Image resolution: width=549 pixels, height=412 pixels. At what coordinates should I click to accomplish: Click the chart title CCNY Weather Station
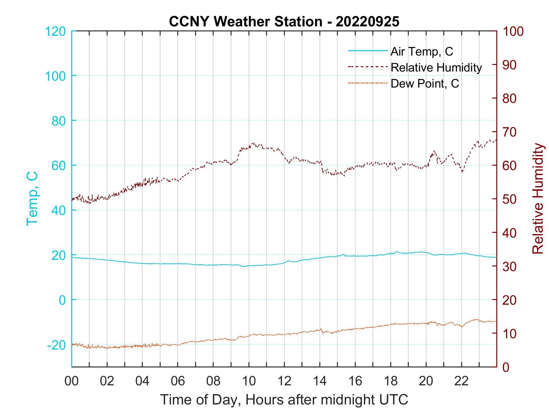tap(284, 22)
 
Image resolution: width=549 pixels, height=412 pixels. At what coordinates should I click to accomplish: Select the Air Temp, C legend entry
tap(421, 51)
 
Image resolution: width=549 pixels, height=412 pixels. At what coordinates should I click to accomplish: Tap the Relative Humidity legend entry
tap(436, 67)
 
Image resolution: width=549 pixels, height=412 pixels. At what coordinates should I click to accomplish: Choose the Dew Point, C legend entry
tap(424, 83)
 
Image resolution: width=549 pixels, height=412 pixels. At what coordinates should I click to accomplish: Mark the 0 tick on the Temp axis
tap(62, 300)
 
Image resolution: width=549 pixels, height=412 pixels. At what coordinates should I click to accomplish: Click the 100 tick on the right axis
tap(513, 31)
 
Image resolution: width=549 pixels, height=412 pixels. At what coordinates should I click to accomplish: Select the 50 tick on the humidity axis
tap(510, 199)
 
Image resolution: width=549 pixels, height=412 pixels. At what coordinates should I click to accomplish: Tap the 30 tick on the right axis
tap(510, 266)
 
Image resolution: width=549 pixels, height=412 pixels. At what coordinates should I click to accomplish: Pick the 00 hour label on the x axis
tap(72, 381)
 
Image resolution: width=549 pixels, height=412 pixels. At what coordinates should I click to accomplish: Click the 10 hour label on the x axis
tap(249, 381)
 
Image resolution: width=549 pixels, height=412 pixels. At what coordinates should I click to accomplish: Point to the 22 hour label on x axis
tap(461, 381)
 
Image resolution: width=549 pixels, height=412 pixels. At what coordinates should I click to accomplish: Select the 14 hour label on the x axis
tap(320, 381)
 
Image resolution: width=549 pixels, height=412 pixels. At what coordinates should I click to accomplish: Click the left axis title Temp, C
tap(32, 199)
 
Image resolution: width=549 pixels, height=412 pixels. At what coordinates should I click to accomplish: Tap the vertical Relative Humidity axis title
tap(538, 199)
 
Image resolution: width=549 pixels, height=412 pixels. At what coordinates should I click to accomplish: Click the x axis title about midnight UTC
tap(284, 400)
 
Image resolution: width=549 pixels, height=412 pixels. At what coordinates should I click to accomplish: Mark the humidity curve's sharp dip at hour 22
tap(462, 171)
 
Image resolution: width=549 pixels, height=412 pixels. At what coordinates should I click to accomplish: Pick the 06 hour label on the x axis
tap(178, 381)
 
